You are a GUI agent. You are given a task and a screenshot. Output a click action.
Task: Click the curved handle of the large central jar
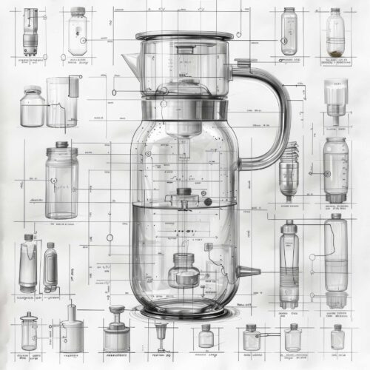(x=275, y=111)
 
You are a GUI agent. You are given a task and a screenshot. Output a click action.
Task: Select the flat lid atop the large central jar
(x=183, y=35)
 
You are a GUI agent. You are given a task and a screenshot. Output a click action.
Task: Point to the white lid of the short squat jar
(x=30, y=91)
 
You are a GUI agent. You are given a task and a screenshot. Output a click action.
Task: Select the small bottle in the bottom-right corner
(x=337, y=337)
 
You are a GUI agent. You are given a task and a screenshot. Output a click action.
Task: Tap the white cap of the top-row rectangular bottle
(x=78, y=12)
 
